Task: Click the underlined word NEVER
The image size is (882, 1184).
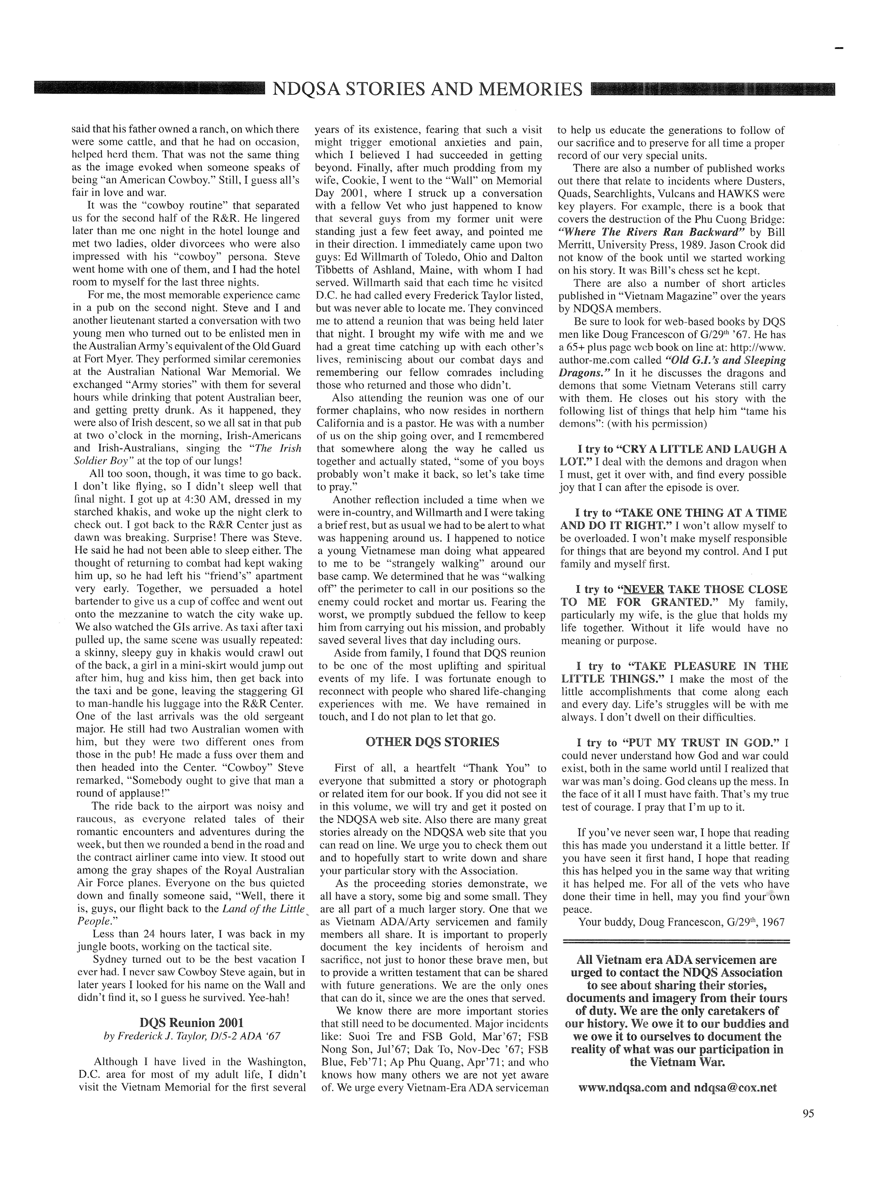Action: point(643,589)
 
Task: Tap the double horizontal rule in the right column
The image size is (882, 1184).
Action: point(675,942)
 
